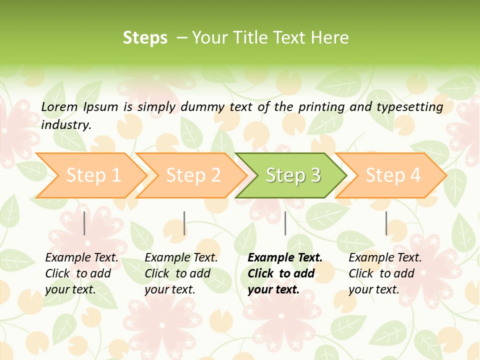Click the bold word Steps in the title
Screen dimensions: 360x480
coord(145,38)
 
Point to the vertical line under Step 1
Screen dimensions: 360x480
coord(84,223)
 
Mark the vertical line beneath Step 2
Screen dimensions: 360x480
coord(184,223)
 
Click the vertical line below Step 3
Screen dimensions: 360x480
coord(285,223)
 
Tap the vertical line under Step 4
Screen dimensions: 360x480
coord(386,223)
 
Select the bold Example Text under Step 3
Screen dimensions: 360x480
coord(285,257)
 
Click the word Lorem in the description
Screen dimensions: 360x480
coord(59,106)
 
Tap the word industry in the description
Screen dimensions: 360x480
coord(66,124)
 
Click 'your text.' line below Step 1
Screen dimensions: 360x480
coord(70,289)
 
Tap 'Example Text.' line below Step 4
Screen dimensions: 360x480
coord(385,257)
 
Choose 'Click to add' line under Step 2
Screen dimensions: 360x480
coord(177,273)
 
